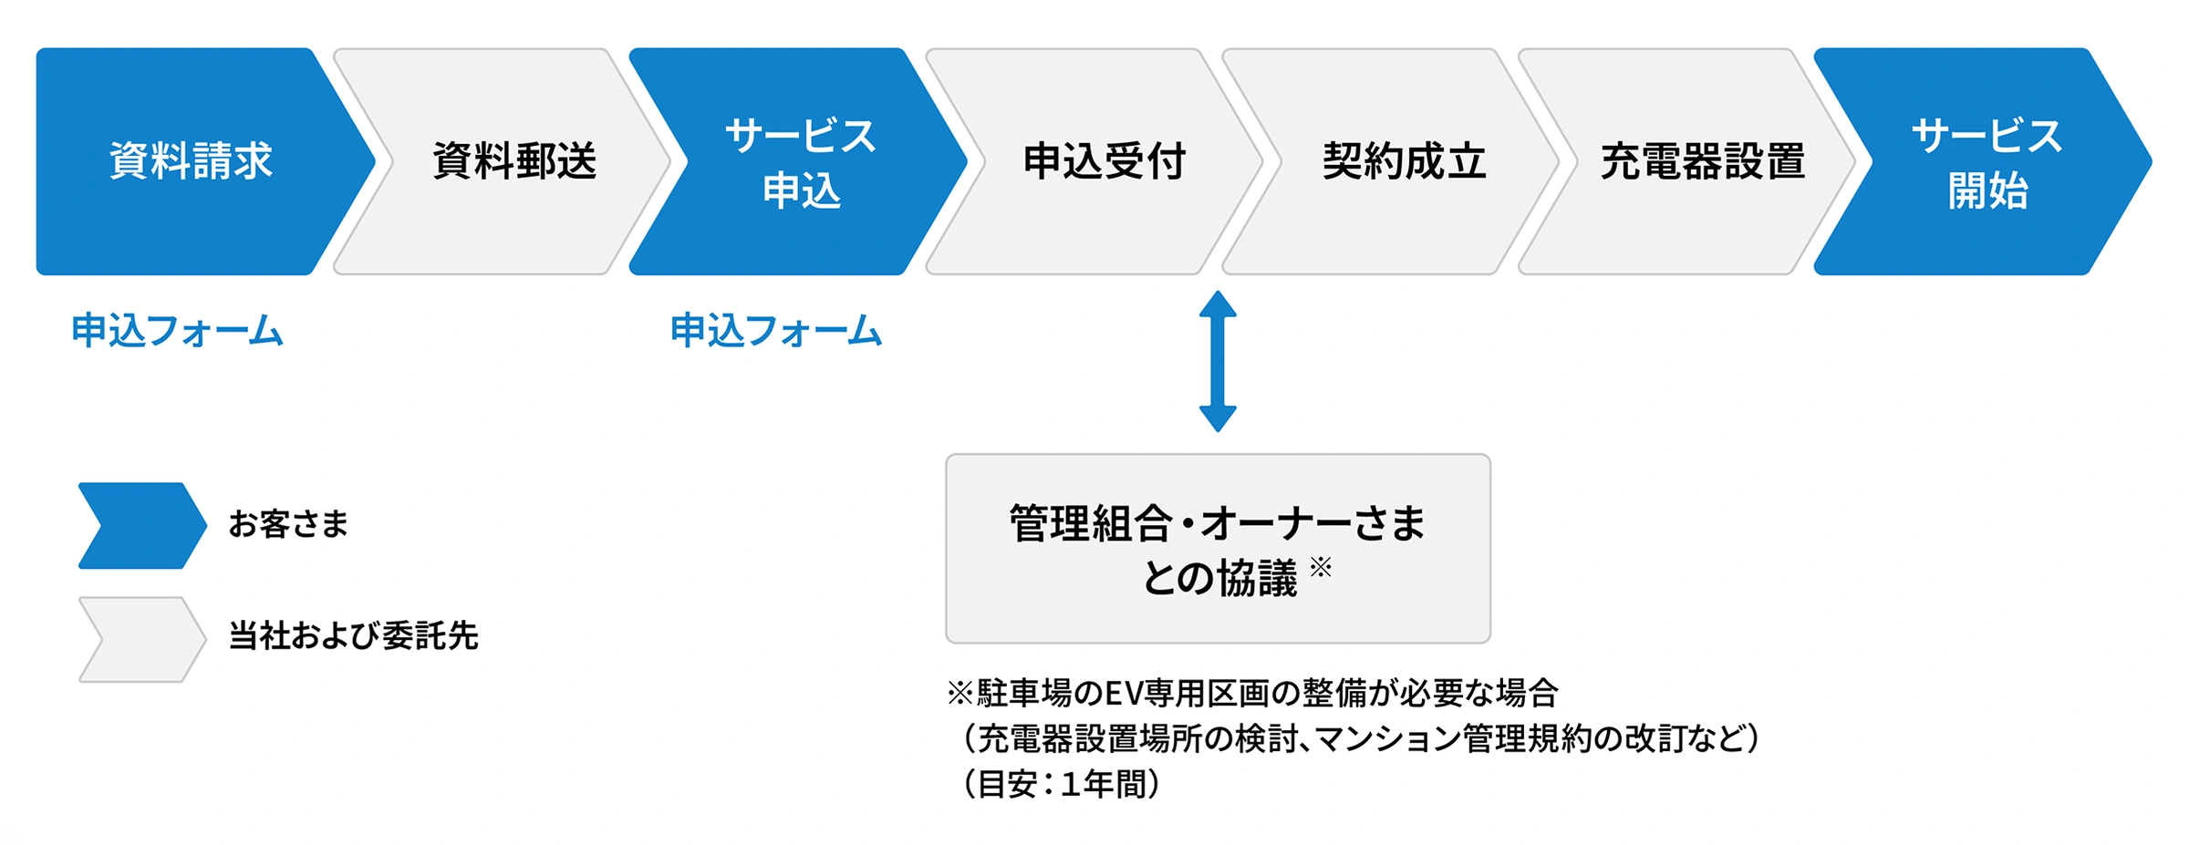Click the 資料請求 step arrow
192,161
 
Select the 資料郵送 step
514,161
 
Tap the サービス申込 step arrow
800,161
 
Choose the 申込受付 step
1104,161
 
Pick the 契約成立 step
1403,161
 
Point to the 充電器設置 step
1702,161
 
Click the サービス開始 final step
1987,161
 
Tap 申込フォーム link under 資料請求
177,330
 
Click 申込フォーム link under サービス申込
776,330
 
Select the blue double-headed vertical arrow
1218,361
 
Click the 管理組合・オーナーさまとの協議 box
1218,549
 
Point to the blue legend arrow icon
141,525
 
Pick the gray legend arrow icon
141,639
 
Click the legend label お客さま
288,524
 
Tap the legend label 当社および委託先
353,635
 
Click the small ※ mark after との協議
1321,568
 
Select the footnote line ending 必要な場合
1252,694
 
